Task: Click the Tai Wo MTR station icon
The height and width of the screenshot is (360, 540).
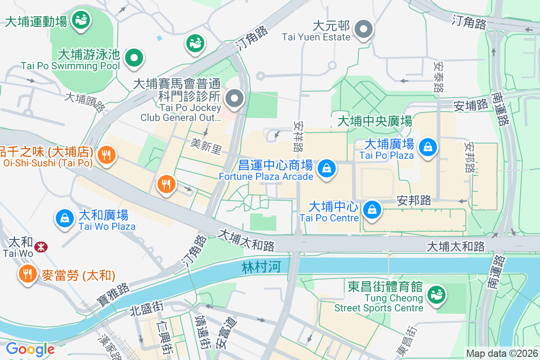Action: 41,247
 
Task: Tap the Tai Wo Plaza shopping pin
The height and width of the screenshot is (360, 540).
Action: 65,218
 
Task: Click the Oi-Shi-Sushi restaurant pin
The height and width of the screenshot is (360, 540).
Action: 107,155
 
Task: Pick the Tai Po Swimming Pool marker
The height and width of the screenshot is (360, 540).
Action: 134,58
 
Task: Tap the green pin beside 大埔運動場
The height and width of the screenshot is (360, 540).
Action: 81,19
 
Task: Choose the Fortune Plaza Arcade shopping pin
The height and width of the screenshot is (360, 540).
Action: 326,169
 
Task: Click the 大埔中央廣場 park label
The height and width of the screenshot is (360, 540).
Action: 374,121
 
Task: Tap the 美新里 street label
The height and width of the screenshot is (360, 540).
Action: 206,146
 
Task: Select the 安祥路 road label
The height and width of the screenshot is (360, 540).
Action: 298,135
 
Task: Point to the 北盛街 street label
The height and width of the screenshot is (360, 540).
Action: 146,310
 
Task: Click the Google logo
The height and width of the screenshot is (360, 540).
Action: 30,349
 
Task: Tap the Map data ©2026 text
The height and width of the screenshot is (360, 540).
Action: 501,353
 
